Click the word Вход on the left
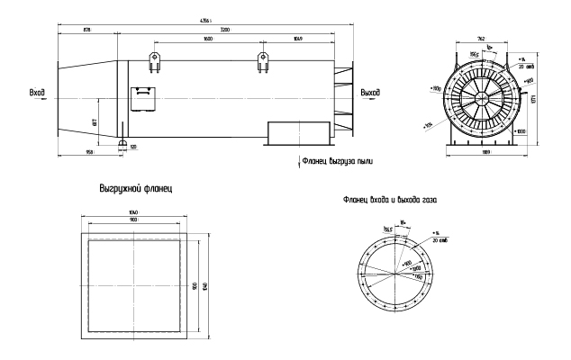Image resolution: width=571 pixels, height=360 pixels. tap(38, 92)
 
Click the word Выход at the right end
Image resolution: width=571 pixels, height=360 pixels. tap(369, 92)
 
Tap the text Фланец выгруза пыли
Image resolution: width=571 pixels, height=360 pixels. tap(340, 163)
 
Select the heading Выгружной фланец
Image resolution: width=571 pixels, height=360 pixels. tap(134, 191)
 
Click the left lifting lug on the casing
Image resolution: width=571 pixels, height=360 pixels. tap(154, 60)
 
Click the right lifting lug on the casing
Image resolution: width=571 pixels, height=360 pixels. tap(263, 60)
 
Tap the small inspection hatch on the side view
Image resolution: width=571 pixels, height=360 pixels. tap(142, 94)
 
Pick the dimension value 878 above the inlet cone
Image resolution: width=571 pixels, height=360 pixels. tap(86, 31)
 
